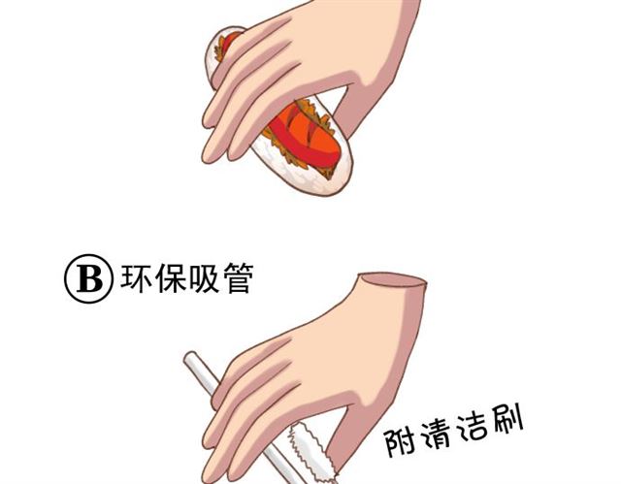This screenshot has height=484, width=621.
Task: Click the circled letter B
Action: (89, 280)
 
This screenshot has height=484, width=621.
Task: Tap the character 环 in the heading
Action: (135, 279)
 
